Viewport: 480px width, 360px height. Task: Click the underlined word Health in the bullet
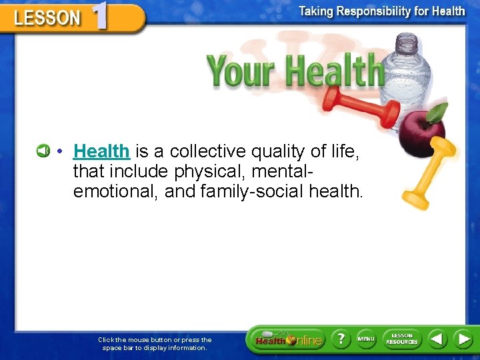(x=101, y=152)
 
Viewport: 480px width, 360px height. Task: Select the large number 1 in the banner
(x=99, y=15)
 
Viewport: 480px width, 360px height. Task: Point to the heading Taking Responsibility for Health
(x=382, y=11)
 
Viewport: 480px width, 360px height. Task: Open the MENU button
(x=365, y=339)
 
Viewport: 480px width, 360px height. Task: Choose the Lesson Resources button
(x=402, y=339)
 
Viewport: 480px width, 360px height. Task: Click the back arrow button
(x=437, y=339)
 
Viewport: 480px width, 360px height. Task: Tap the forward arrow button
(x=463, y=339)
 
